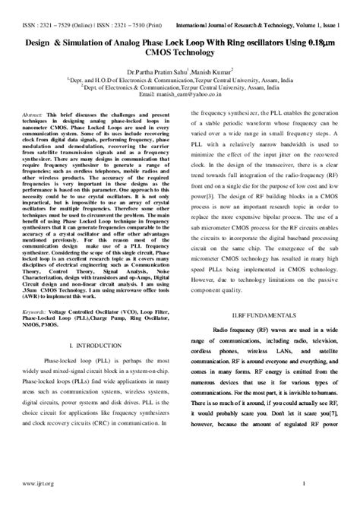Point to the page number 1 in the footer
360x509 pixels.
coord(304,484)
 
